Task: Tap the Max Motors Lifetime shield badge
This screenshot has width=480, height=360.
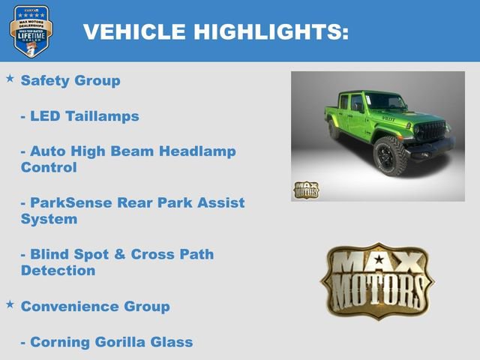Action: (x=31, y=31)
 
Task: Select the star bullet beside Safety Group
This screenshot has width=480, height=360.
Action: (x=10, y=78)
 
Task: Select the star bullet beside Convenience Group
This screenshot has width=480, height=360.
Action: (x=10, y=304)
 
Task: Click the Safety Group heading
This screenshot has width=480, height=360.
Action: (x=70, y=80)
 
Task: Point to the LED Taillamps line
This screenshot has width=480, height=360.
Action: (x=79, y=116)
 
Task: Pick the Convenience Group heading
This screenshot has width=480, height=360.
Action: (x=95, y=306)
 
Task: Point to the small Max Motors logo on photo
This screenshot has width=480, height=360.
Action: (x=305, y=190)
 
